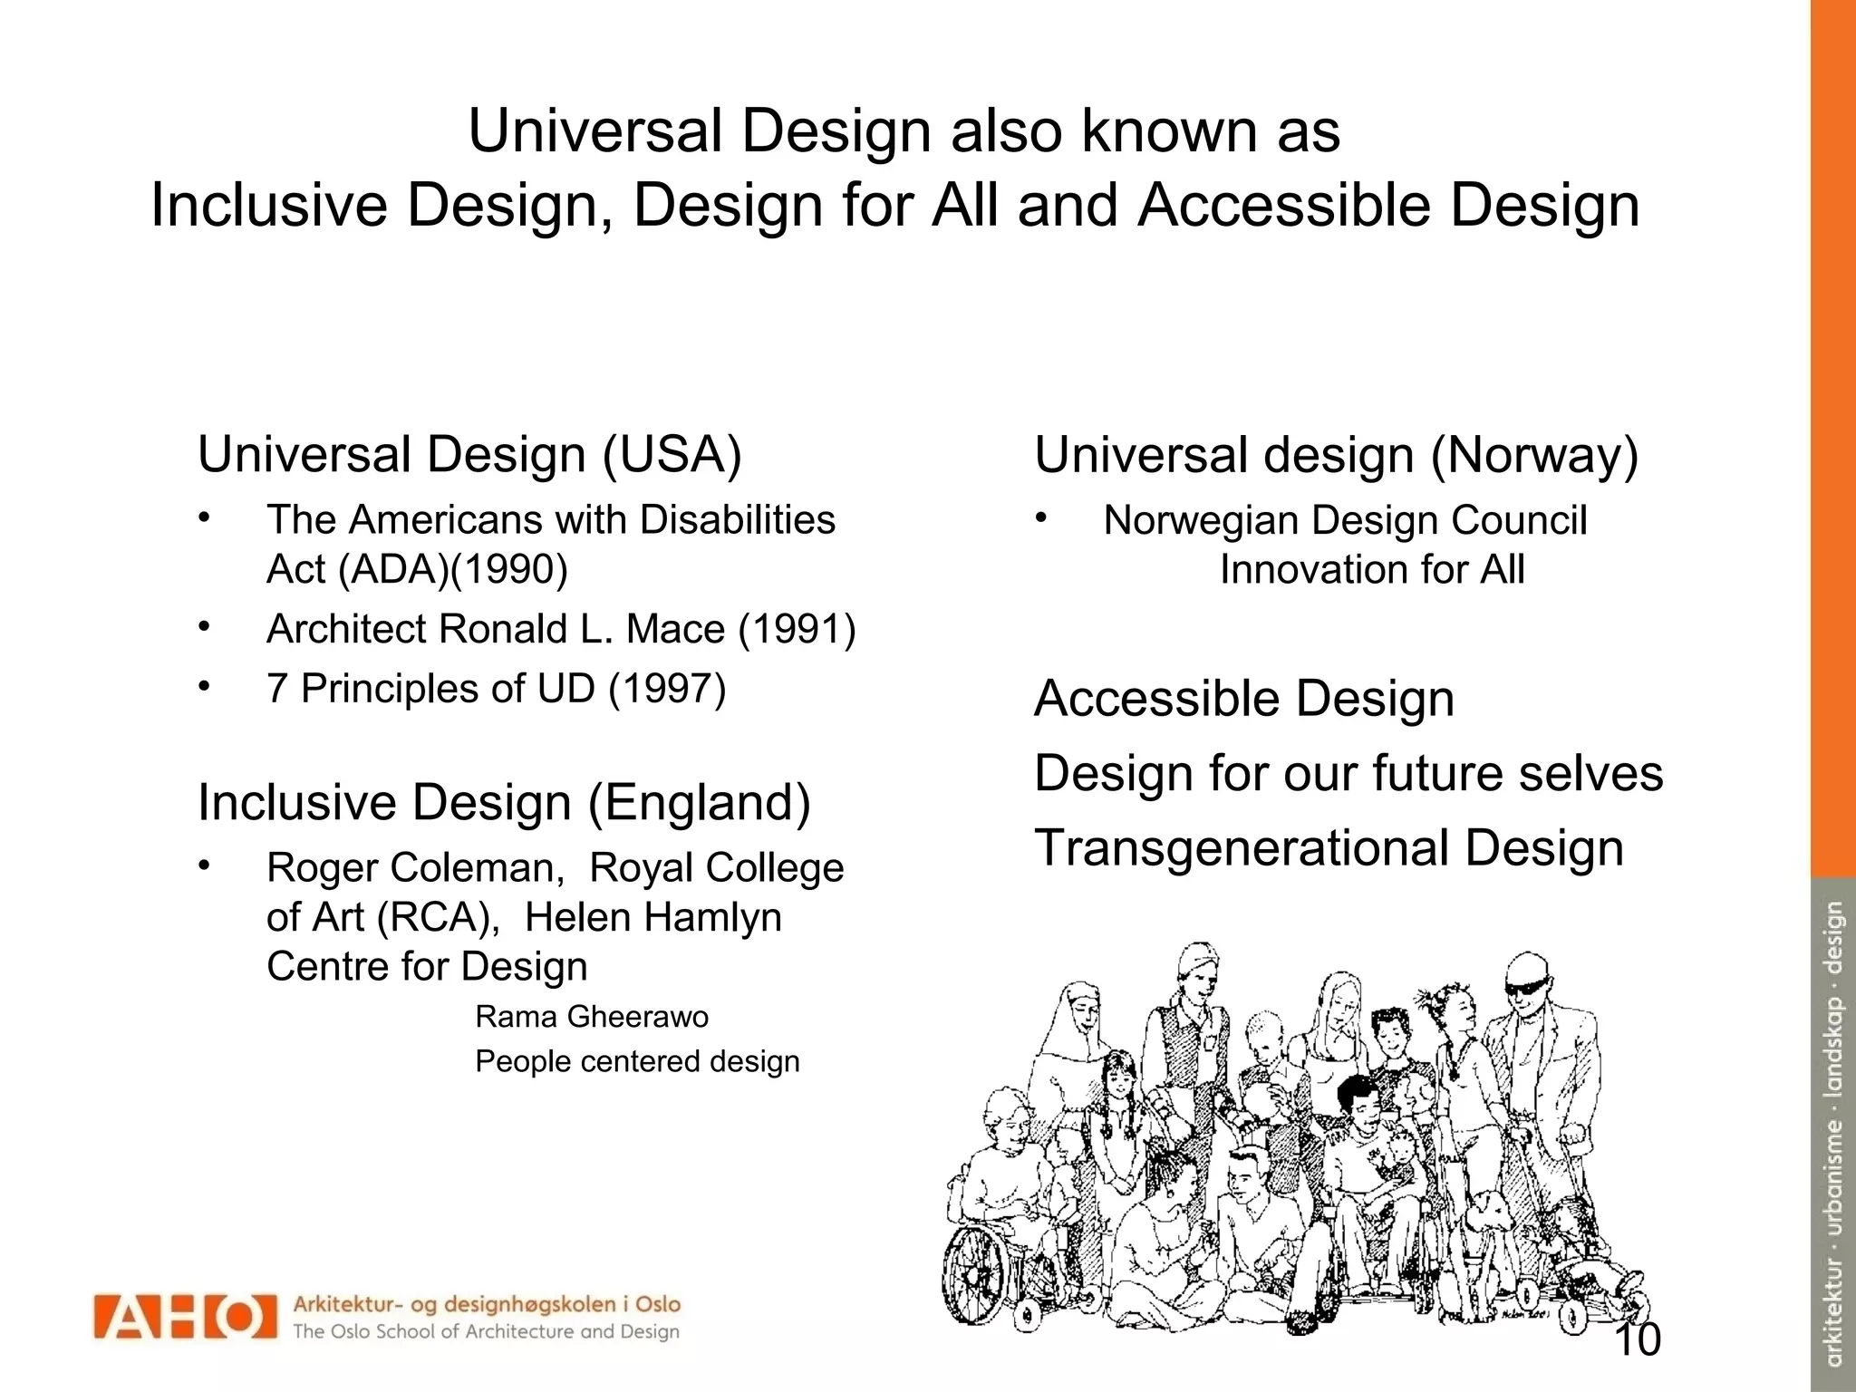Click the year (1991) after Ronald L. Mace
pyautogui.click(x=797, y=629)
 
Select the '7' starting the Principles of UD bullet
pyautogui.click(x=276, y=689)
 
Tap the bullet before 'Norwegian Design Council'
pyautogui.click(x=1042, y=518)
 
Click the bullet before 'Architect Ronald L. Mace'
pyautogui.click(x=205, y=626)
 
